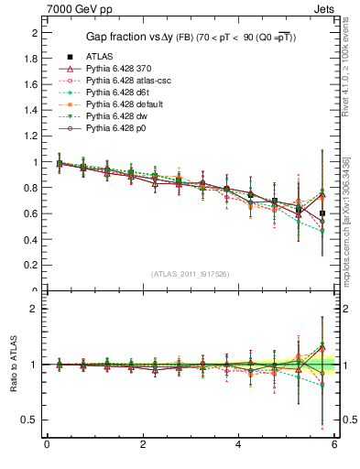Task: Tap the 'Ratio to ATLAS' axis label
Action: pos(13,365)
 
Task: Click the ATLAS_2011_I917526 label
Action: pos(189,274)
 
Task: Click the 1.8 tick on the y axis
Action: pos(30,59)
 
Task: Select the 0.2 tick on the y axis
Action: pos(30,266)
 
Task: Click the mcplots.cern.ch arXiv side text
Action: pos(346,229)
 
